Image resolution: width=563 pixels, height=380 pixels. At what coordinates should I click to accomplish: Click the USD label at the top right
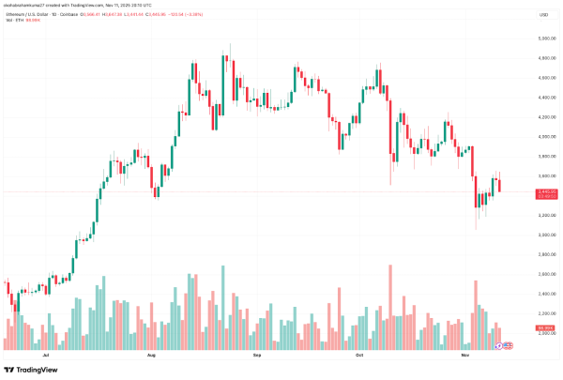[x=543, y=15]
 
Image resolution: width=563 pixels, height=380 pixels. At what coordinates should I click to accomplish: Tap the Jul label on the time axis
[x=46, y=357]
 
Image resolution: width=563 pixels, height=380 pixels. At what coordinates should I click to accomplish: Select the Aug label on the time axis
[x=152, y=357]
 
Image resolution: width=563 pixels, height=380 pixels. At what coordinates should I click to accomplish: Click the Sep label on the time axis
[x=257, y=357]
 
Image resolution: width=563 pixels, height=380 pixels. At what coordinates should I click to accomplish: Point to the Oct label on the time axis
[x=359, y=357]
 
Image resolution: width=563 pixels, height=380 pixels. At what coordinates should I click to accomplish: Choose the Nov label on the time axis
[x=465, y=357]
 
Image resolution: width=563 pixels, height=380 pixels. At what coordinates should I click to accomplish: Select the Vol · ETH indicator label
[x=14, y=22]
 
